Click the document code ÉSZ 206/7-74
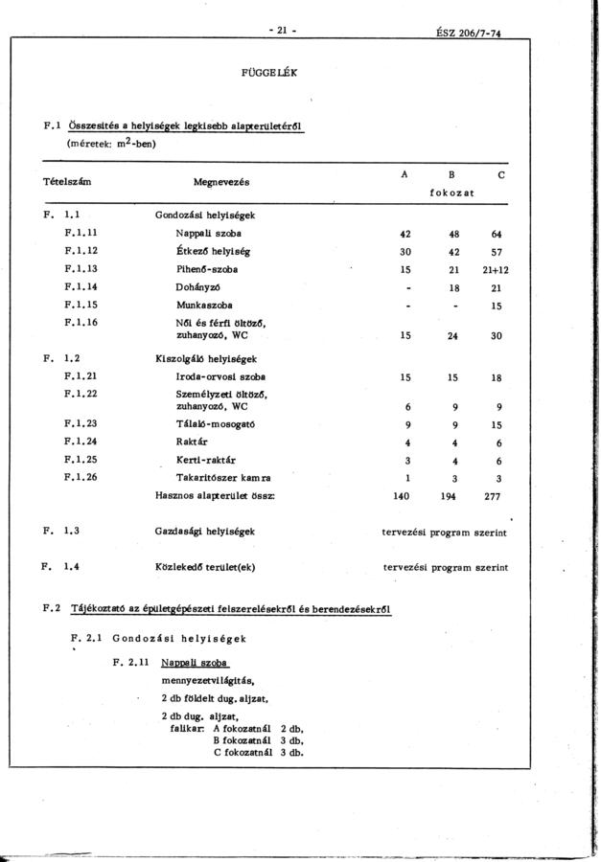tap(468, 32)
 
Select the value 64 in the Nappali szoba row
tap(496, 234)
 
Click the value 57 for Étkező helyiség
tap(496, 252)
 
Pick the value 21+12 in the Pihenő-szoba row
tap(495, 270)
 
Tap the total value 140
tap(403, 495)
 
